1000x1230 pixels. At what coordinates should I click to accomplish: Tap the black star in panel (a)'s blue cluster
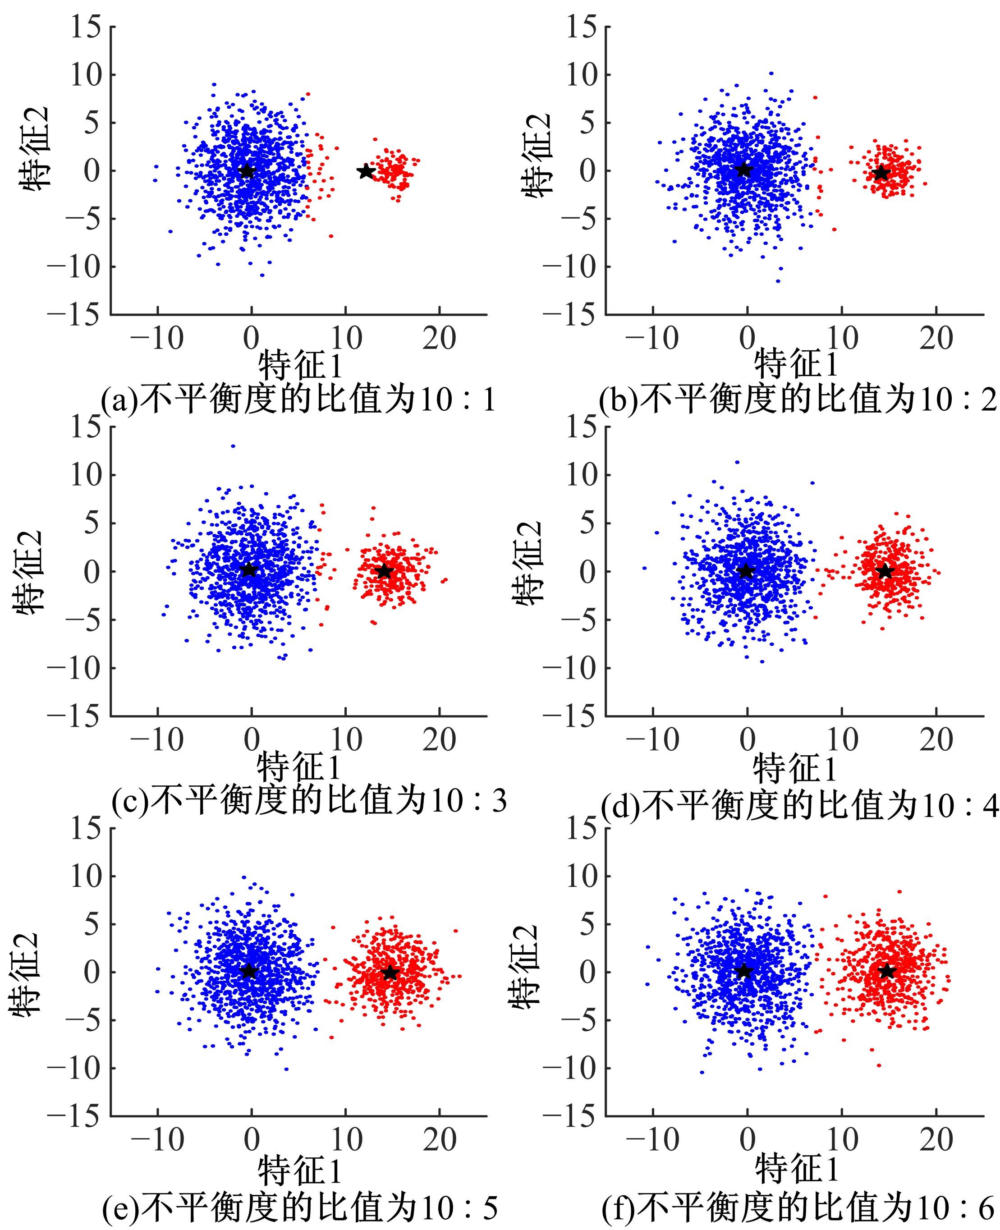[247, 170]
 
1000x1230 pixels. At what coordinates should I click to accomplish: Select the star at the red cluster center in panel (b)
[881, 172]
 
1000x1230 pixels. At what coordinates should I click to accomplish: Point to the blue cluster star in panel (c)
[248, 569]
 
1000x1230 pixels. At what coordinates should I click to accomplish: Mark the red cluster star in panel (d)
[885, 572]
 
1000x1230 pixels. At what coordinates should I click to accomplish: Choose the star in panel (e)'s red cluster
[390, 973]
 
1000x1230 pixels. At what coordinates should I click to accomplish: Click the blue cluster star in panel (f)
[743, 971]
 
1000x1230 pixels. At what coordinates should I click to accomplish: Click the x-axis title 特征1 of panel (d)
[795, 768]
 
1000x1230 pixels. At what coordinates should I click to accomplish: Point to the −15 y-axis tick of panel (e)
[77, 1116]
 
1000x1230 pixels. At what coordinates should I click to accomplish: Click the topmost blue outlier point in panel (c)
[233, 446]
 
